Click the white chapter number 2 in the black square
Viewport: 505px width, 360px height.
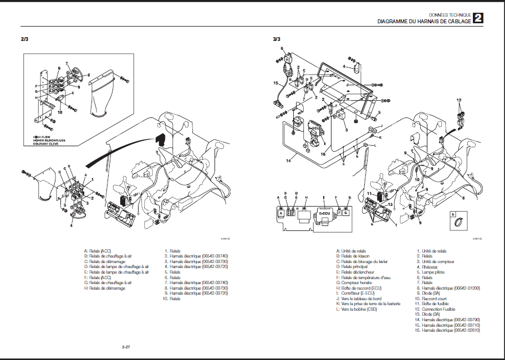[x=477, y=18]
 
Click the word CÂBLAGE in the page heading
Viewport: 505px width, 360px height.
[x=457, y=21]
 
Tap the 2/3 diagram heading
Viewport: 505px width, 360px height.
[x=25, y=39]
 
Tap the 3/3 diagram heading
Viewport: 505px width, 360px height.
[x=277, y=39]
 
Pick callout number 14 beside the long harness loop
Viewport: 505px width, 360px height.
[x=288, y=161]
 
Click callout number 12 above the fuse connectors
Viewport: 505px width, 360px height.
[x=458, y=100]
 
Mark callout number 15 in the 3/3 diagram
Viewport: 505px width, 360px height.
[x=276, y=83]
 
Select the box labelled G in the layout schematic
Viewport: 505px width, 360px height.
[x=346, y=212]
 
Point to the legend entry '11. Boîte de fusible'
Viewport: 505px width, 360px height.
[x=436, y=304]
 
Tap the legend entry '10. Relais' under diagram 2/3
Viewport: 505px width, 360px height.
[x=172, y=299]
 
